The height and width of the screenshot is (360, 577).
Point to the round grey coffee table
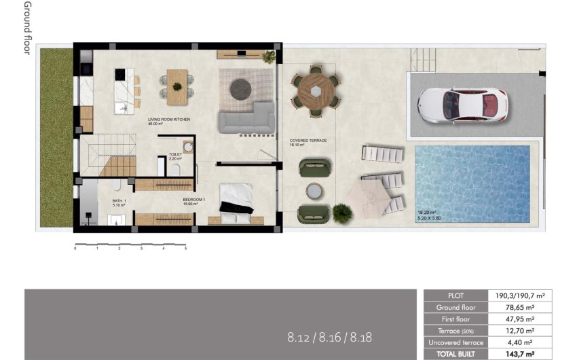tap(240, 88)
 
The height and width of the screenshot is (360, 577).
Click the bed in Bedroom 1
tap(236, 203)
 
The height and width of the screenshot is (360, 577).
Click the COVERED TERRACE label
tap(308, 141)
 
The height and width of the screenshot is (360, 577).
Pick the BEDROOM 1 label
tap(193, 200)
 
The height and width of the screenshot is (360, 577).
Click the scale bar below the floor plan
tap(130, 245)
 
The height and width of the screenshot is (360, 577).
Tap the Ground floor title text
tap(27, 28)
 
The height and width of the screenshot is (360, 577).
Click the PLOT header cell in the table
tap(456, 295)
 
